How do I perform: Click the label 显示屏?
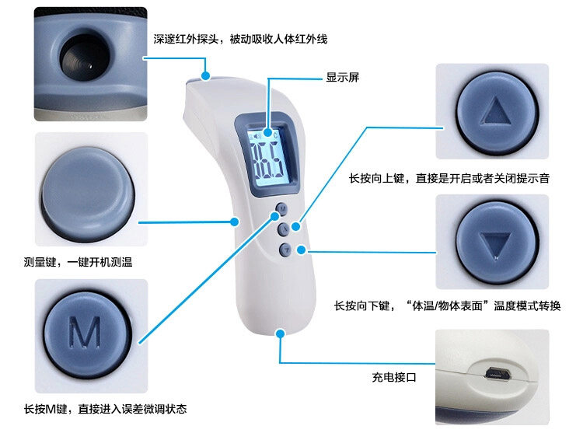point(342,78)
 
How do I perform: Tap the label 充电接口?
point(394,378)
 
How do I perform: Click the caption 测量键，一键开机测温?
point(78,263)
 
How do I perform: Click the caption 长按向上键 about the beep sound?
point(449,179)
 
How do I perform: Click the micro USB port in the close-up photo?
point(497,374)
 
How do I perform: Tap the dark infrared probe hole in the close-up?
point(77,55)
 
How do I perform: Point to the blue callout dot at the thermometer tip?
point(206,75)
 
